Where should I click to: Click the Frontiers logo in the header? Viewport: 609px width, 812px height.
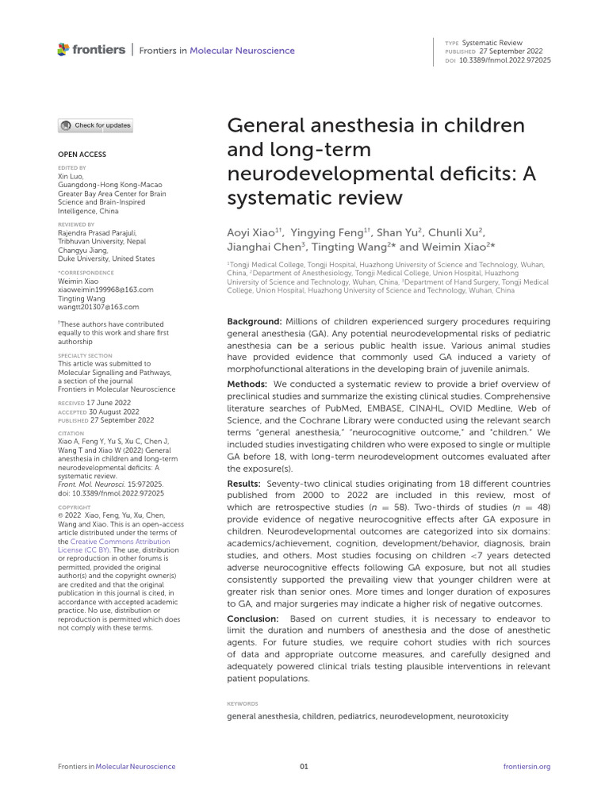point(91,50)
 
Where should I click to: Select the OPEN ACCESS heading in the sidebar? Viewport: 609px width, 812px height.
point(82,154)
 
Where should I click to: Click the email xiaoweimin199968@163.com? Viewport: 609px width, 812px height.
point(105,290)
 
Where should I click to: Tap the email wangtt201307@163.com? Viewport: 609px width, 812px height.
point(98,307)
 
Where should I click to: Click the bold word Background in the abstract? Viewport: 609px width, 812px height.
point(254,320)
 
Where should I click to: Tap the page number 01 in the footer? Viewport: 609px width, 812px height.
point(304,766)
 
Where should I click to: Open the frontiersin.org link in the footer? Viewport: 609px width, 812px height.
point(527,766)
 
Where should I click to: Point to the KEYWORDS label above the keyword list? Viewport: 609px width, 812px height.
point(242,703)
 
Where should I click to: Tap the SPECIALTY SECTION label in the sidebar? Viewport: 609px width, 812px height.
point(85,356)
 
